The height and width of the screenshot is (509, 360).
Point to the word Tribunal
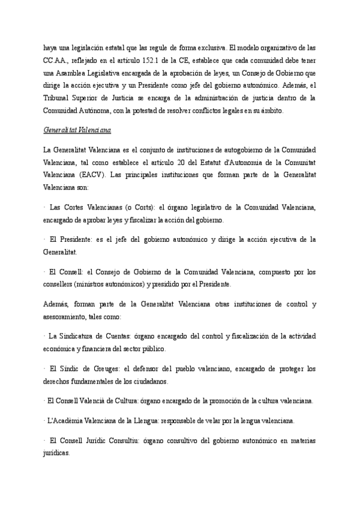(57, 98)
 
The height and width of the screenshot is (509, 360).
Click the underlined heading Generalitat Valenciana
(77, 130)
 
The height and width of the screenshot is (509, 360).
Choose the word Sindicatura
(76, 335)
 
